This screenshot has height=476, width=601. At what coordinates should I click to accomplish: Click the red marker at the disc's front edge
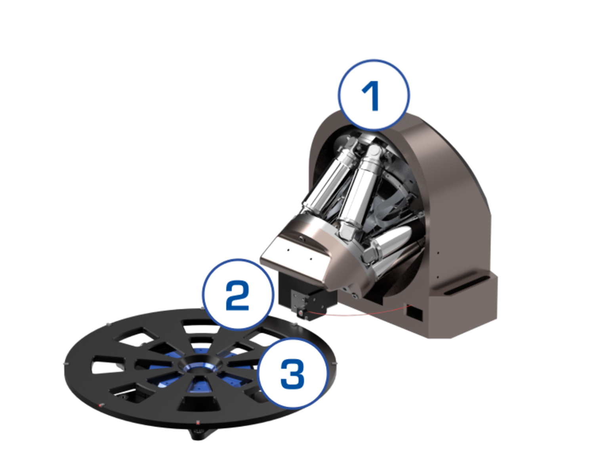(198, 422)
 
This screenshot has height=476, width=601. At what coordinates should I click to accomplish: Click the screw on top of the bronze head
(301, 238)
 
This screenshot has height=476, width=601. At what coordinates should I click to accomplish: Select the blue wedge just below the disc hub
(199, 386)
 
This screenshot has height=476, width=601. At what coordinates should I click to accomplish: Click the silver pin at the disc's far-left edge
(66, 364)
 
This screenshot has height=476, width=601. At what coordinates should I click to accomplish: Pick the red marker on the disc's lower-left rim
(101, 405)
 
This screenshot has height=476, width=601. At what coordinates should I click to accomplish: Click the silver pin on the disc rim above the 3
(295, 324)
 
